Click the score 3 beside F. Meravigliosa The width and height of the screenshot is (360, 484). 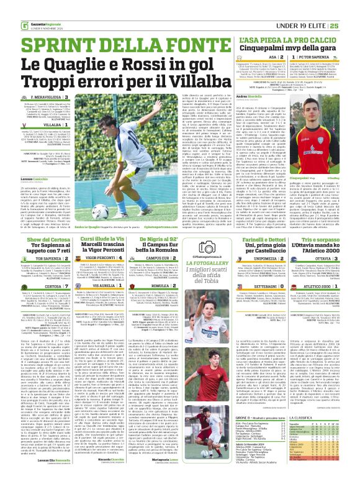(x=66, y=98)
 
